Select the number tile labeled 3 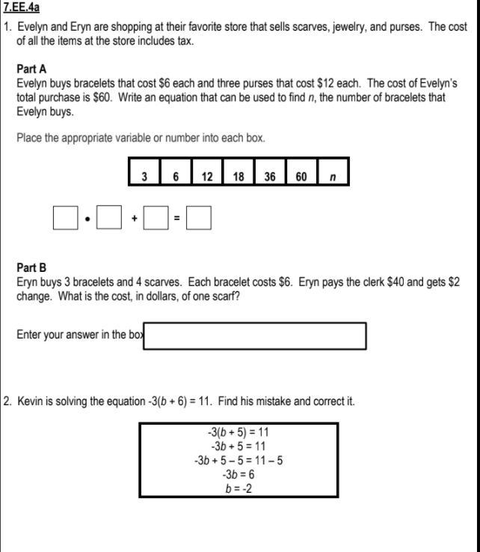tap(144, 176)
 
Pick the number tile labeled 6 tap(176, 176)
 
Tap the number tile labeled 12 tap(207, 176)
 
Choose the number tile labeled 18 tap(239, 176)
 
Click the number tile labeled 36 tap(270, 176)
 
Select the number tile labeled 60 tap(301, 176)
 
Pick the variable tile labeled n tap(333, 176)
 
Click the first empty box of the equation tap(65, 218)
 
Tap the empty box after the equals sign tap(199, 218)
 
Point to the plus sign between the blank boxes tap(134, 219)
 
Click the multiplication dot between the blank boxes tap(88, 219)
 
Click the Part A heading tap(31, 69)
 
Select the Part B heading tap(31, 267)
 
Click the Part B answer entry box tap(254, 336)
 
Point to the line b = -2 tap(239, 488)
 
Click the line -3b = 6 tap(239, 474)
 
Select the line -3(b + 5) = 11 tap(239, 432)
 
